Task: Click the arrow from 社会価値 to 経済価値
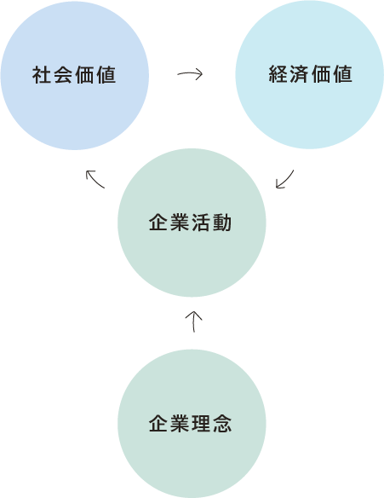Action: (190, 74)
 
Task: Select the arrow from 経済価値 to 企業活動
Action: (285, 180)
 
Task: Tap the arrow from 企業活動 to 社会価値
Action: (95, 179)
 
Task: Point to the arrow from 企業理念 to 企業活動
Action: (193, 321)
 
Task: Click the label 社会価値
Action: (74, 75)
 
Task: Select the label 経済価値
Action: (310, 74)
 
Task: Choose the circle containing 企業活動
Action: (192, 223)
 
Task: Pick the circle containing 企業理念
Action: (192, 424)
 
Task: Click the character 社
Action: (42, 75)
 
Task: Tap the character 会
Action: (63, 75)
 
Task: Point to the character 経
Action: (278, 74)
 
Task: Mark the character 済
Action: (299, 74)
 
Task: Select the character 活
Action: (201, 223)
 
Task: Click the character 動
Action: (222, 223)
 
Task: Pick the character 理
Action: (201, 423)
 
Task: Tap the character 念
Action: (222, 423)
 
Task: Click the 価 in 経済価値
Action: (321, 74)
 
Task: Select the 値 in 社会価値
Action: (106, 75)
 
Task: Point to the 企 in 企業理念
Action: (158, 423)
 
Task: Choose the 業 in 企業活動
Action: (180, 223)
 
